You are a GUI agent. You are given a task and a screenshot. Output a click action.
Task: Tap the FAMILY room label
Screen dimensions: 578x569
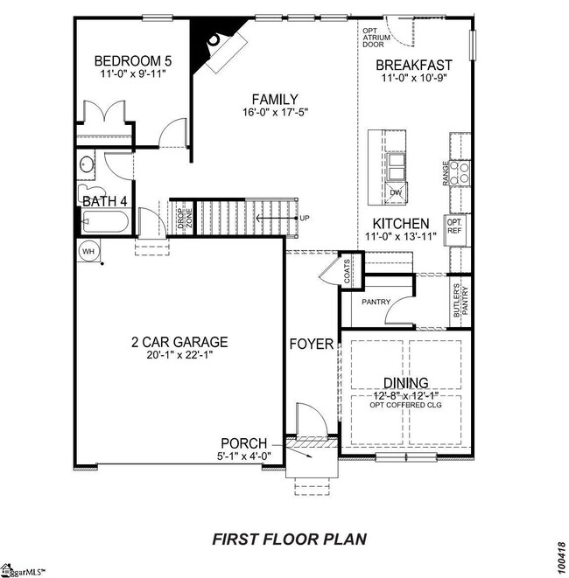[275, 100]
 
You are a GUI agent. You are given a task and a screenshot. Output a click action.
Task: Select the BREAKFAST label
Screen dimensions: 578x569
[414, 65]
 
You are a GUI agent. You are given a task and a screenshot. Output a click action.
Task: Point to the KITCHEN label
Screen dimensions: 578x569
[402, 224]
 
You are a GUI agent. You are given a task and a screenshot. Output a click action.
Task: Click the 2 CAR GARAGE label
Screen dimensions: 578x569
[179, 342]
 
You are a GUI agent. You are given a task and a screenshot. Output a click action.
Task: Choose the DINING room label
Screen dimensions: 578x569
[405, 383]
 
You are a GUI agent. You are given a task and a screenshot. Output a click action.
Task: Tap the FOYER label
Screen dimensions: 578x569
[312, 344]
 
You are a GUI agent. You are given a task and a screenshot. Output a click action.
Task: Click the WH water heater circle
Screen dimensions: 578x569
[88, 251]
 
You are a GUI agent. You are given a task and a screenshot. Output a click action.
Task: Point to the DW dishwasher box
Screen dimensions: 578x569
[396, 192]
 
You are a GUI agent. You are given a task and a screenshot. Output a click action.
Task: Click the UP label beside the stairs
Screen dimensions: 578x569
[305, 218]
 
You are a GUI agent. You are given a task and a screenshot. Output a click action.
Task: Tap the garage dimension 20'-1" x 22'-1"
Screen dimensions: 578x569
[179, 355]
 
